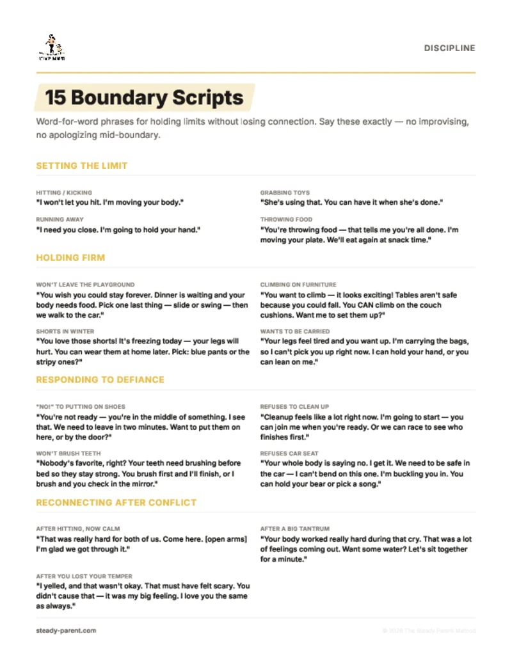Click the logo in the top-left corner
point(52,48)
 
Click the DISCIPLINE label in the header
point(449,48)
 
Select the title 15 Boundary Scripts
point(144,98)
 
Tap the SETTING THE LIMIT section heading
point(82,166)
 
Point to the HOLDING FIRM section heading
point(70,258)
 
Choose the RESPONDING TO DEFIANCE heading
point(100,379)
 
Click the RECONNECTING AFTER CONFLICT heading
point(116,502)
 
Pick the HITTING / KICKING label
point(64,193)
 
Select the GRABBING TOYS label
point(285,193)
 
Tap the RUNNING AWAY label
point(60,219)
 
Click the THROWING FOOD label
point(285,219)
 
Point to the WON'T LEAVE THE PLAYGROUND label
point(85,285)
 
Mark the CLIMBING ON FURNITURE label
point(298,285)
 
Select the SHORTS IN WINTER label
point(65,331)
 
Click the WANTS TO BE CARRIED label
point(295,331)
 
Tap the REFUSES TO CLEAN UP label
point(294,406)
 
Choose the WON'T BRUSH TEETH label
point(68,453)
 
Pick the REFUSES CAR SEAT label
point(289,453)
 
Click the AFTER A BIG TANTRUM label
point(295,529)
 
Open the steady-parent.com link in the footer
point(66,630)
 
